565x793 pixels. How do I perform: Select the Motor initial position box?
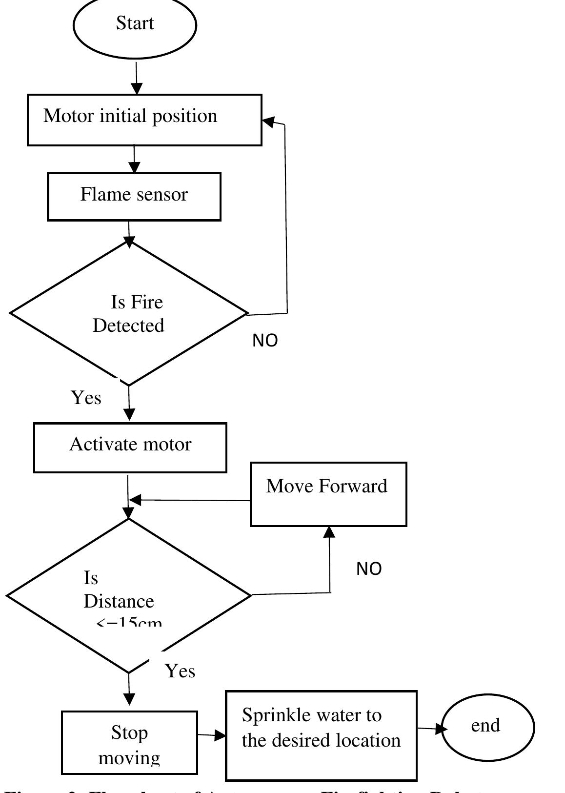pyautogui.click(x=144, y=120)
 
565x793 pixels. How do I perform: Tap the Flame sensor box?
pyautogui.click(x=134, y=196)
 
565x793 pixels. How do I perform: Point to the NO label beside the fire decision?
pyautogui.click(x=265, y=341)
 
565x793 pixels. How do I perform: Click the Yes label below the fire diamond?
pyautogui.click(x=86, y=398)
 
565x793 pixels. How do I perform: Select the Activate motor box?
pyautogui.click(x=130, y=447)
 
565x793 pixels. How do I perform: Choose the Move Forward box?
pyautogui.click(x=328, y=494)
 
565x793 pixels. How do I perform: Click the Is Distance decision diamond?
pyautogui.click(x=128, y=595)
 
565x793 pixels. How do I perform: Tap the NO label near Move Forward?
pyautogui.click(x=369, y=569)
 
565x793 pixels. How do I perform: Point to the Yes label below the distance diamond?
pyautogui.click(x=180, y=671)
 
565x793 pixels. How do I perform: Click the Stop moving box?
pyautogui.click(x=129, y=742)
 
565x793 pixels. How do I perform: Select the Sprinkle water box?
pyautogui.click(x=321, y=735)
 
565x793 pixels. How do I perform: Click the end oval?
pyautogui.click(x=488, y=727)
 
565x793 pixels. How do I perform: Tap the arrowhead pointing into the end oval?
pyautogui.click(x=441, y=729)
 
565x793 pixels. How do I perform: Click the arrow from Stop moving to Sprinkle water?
pyautogui.click(x=211, y=734)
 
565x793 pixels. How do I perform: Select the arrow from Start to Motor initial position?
pyautogui.click(x=137, y=76)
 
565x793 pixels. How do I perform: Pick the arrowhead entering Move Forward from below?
pyautogui.click(x=330, y=532)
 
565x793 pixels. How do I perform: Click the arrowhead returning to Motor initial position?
pyautogui.click(x=269, y=122)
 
